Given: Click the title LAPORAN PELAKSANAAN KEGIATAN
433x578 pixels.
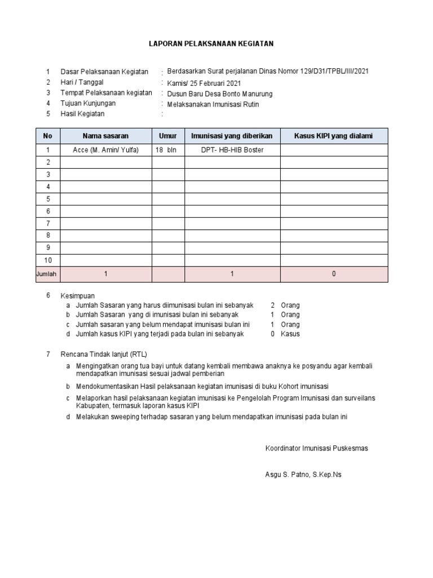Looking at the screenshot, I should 211,43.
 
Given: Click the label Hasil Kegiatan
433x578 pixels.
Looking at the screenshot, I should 82,114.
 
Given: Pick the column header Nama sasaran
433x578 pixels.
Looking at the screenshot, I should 105,136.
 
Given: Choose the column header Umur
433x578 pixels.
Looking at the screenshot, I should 168,136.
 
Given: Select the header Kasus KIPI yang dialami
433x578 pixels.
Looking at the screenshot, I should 334,136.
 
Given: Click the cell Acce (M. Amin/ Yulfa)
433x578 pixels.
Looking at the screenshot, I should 105,150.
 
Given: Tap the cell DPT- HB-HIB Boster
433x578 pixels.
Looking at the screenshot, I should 232,150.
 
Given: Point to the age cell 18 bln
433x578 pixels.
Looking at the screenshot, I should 166,150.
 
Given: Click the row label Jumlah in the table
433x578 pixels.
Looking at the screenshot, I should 46,274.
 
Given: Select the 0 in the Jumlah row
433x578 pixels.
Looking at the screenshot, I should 334,274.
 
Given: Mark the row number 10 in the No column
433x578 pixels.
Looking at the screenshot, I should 48,260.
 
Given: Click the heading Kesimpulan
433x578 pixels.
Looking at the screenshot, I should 78,296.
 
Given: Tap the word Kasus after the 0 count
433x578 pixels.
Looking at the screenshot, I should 290,334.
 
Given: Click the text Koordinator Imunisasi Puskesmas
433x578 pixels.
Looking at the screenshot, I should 316,448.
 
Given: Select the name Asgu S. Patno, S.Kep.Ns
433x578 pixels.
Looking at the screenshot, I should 303,475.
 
